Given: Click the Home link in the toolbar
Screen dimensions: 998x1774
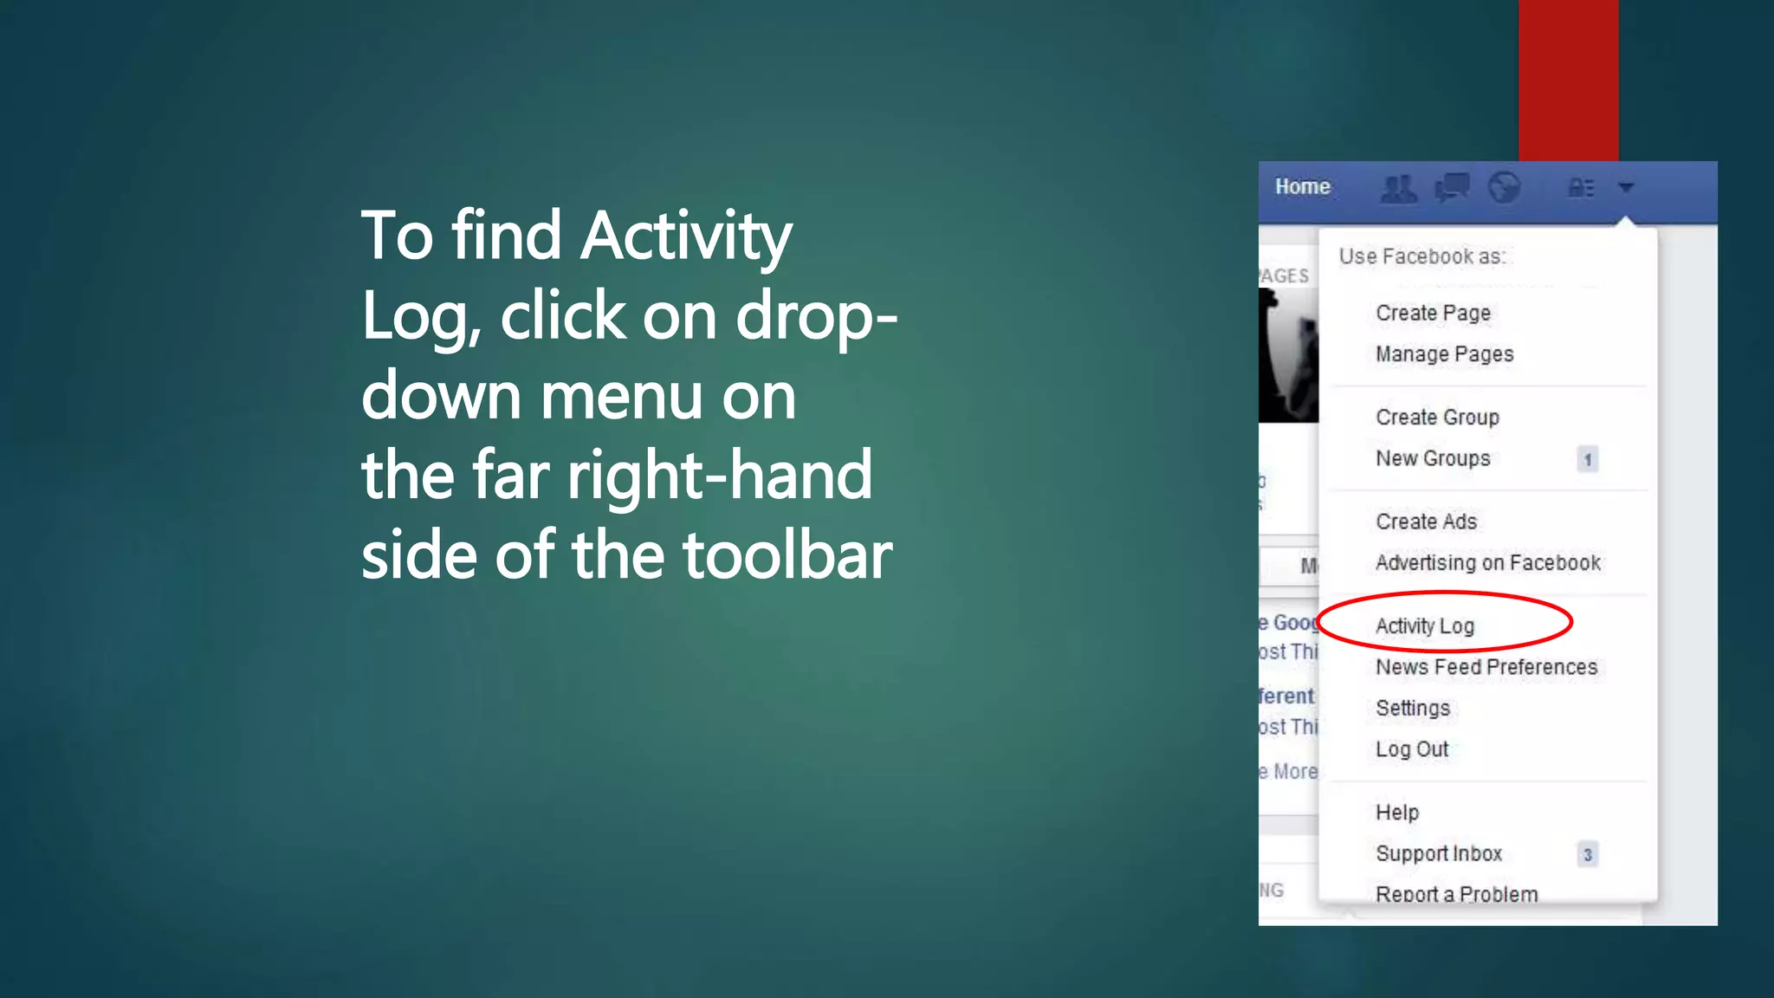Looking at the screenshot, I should coord(1302,187).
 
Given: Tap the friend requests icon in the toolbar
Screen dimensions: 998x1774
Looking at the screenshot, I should coord(1398,188).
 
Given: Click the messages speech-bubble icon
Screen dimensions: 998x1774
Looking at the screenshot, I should coord(1453,187).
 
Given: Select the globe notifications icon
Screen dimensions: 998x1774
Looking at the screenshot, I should coord(1505,187).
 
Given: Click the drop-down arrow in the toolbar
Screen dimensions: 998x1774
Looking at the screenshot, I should coord(1626,187).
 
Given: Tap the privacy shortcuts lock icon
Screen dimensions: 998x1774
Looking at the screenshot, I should coord(1581,187).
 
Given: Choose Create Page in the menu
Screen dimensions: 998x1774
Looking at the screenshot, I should coord(1433,313).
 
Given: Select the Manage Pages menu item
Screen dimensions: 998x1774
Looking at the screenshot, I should coord(1444,354).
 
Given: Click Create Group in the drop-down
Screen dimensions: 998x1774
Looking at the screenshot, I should coord(1437,418).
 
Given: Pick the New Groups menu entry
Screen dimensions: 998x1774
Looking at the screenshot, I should coord(1433,458).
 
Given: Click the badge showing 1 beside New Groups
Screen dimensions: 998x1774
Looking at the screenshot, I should coord(1588,459).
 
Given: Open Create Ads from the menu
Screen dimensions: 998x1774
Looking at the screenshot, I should coord(1426,522).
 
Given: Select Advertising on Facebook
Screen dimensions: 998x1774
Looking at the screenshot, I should coord(1487,563).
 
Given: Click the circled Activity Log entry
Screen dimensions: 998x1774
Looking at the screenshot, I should coord(1425,625).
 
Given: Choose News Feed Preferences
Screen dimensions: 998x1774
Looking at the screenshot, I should coord(1486,667).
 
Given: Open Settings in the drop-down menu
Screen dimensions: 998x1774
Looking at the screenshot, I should coord(1413,708).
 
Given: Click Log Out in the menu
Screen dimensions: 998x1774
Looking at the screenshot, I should coord(1412,749).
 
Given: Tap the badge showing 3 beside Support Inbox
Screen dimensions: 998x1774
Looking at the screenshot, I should coord(1588,854).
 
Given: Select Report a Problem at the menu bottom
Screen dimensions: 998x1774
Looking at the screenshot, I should coord(1457,894).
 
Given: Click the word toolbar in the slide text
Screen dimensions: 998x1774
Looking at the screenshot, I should coord(787,555).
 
